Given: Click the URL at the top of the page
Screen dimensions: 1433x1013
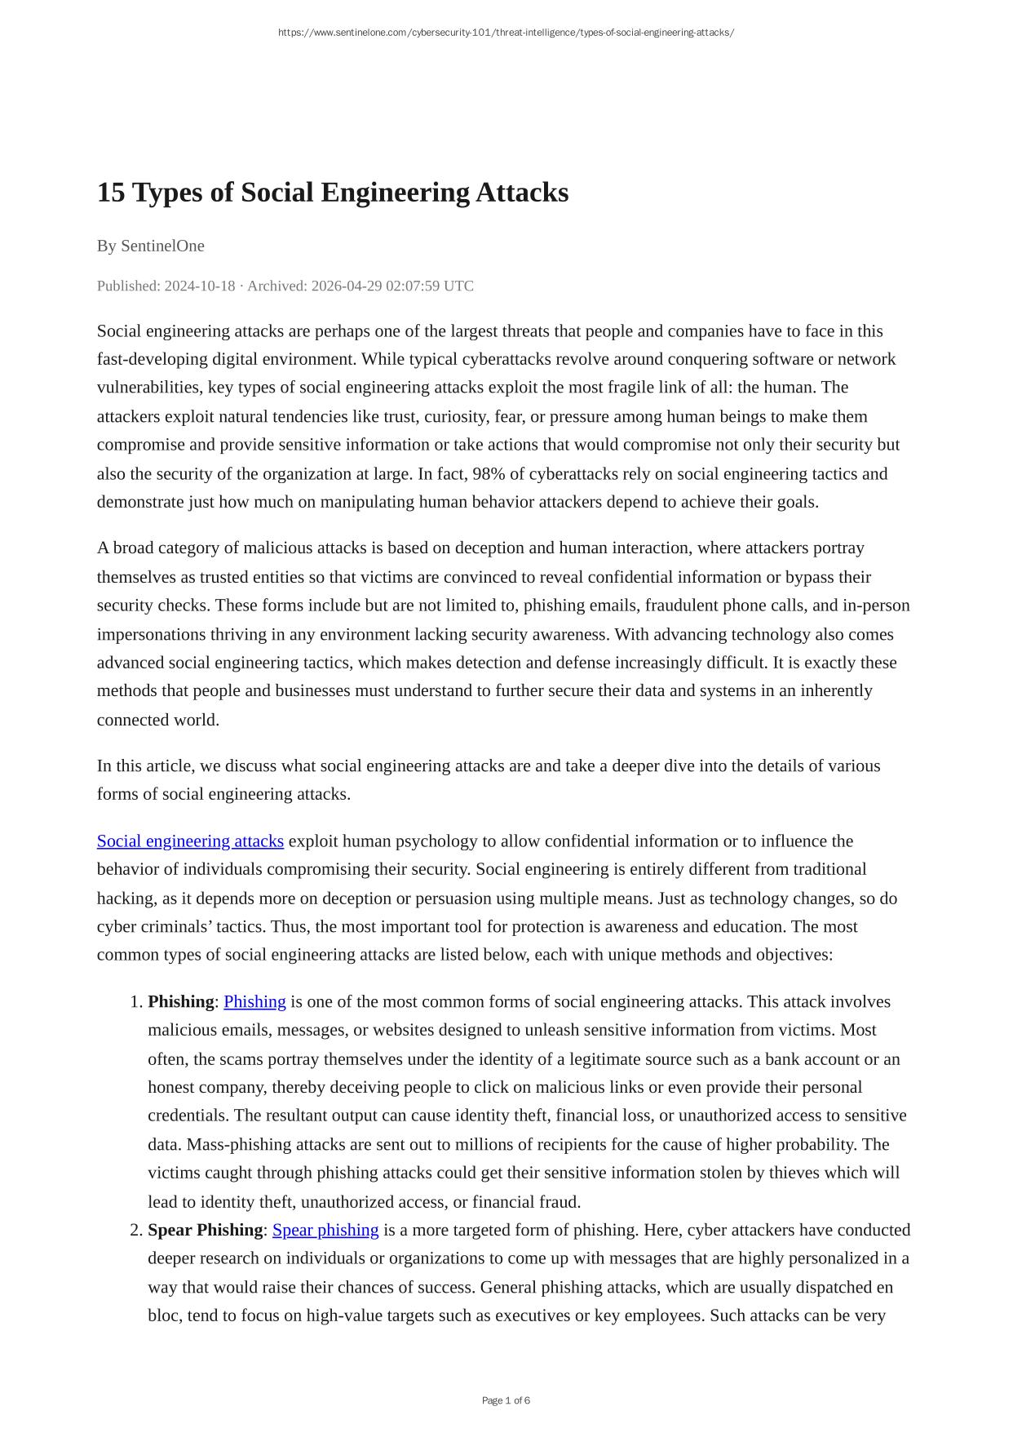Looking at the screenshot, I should click(506, 33).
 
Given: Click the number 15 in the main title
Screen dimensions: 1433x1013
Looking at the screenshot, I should click(111, 193).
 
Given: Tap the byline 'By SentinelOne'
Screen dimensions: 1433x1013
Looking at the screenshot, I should click(151, 246).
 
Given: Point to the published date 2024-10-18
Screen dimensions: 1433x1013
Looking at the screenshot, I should click(200, 286).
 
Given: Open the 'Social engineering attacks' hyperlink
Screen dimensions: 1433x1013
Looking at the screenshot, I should click(190, 841).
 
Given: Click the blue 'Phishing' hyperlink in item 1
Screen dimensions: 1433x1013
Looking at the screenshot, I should click(254, 1002).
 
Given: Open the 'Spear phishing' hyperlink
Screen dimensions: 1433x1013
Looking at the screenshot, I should click(325, 1230).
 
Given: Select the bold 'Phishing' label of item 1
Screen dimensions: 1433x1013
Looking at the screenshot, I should click(180, 1002).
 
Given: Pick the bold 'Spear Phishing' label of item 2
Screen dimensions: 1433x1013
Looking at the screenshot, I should click(205, 1230).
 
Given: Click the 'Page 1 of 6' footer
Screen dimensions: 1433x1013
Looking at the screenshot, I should click(506, 1400).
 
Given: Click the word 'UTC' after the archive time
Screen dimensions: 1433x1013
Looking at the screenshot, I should click(458, 286).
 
